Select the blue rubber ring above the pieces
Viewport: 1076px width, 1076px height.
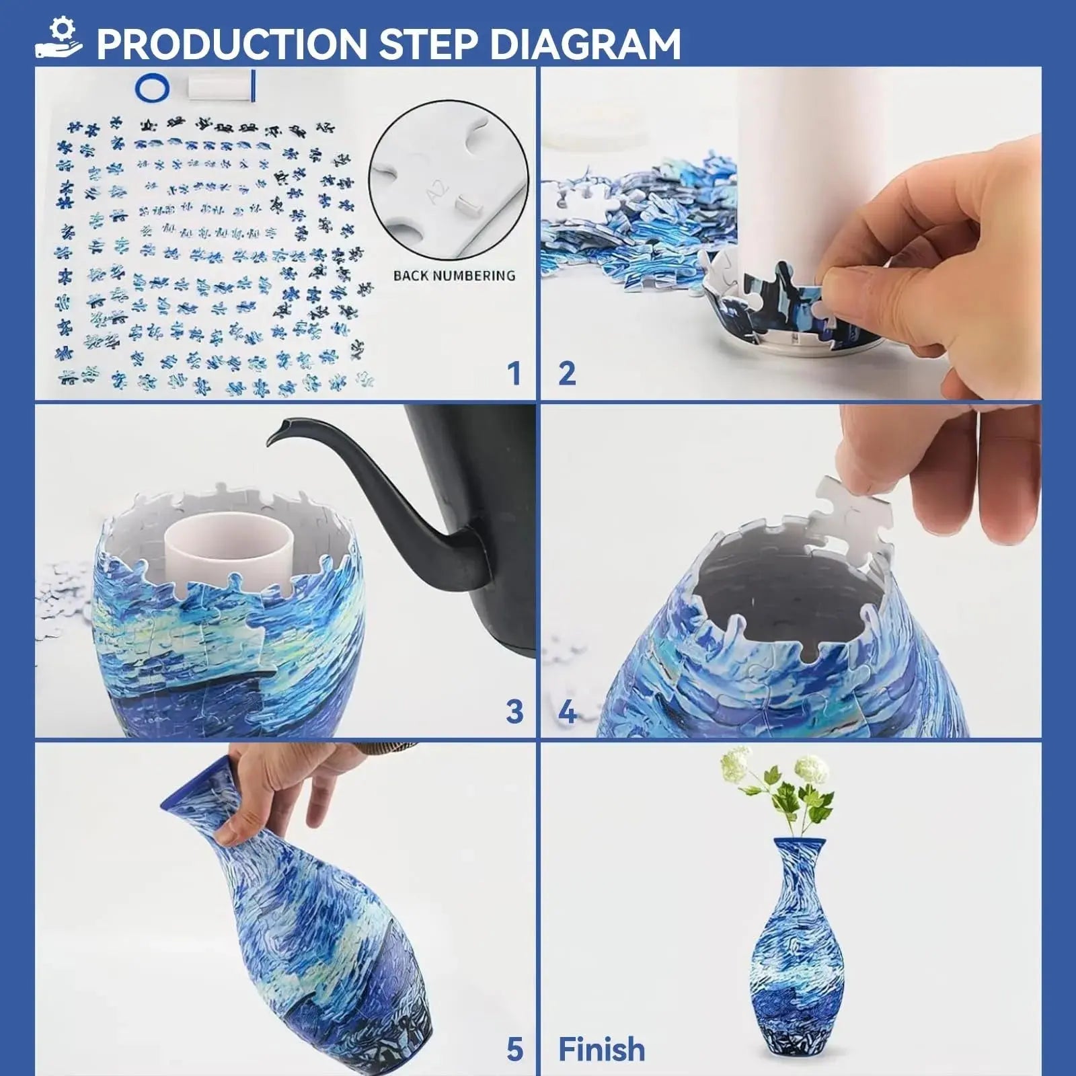[x=152, y=87]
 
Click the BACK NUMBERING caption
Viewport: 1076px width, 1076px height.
[x=454, y=275]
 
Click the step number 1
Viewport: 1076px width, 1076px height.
[x=514, y=373]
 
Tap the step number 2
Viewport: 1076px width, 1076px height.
[x=567, y=373]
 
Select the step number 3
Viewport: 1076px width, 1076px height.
[x=514, y=711]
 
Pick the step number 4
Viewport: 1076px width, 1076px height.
[x=568, y=711]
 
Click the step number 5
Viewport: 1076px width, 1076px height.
[x=514, y=1048]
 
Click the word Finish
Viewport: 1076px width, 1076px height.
[x=601, y=1048]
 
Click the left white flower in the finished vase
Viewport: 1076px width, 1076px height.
[x=737, y=763]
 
